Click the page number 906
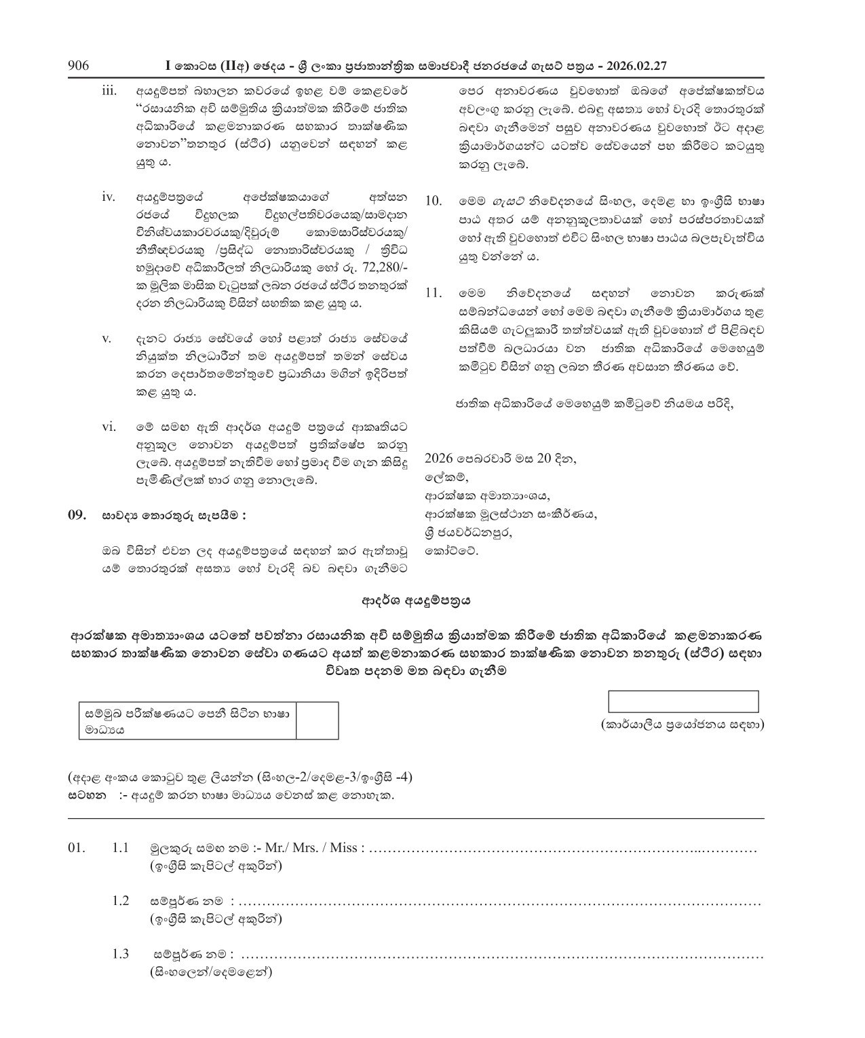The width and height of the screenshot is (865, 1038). coord(79,66)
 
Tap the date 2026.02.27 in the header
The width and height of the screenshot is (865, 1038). coord(637,66)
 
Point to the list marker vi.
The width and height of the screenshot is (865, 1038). coord(109,427)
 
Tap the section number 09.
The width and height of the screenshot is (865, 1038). coord(78,515)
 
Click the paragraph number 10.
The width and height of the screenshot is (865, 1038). coord(434,201)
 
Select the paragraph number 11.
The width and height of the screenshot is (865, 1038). coord(434,294)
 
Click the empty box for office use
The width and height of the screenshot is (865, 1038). coord(683,701)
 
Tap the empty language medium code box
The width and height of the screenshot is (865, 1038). coord(318,720)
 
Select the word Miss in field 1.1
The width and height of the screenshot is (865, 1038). coord(347,848)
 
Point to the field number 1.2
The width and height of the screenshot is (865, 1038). coord(121,901)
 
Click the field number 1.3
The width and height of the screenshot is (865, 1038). coord(121,954)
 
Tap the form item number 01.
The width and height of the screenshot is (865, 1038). coord(78,848)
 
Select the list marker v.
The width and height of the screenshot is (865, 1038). coord(107,339)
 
